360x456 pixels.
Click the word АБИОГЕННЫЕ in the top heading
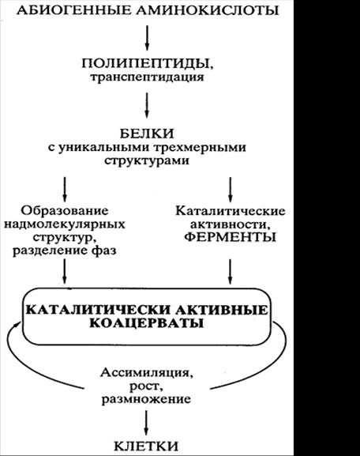[x=73, y=10]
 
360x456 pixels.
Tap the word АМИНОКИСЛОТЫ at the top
[x=208, y=10]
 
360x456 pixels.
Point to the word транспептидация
[x=147, y=78]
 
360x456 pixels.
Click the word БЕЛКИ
[x=147, y=134]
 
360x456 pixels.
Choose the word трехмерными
[x=199, y=147]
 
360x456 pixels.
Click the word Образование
[x=65, y=210]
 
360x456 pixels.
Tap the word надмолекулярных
[x=65, y=224]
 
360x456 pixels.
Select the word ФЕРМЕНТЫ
[x=230, y=237]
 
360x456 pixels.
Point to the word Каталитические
[x=230, y=211]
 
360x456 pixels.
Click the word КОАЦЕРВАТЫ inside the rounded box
[x=146, y=323]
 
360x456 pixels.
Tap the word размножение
[x=146, y=399]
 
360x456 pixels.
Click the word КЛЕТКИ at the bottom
[x=146, y=446]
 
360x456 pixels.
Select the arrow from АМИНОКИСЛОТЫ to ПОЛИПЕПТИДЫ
[x=147, y=37]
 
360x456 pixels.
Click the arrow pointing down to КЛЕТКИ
[x=146, y=423]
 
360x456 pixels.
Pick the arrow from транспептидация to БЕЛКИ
[x=147, y=105]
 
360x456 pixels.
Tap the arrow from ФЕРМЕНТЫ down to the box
[x=230, y=271]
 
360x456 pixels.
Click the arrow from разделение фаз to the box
[x=65, y=271]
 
